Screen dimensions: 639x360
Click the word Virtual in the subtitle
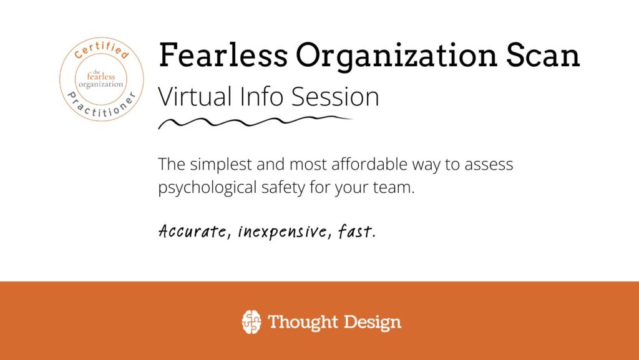[195, 97]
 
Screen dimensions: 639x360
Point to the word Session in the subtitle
[335, 97]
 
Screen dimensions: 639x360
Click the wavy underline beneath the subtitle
[255, 122]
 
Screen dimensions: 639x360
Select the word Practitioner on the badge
[102, 107]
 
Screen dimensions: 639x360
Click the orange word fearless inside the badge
[101, 77]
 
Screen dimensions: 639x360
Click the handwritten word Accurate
[192, 231]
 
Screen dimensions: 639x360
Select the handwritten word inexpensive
[282, 231]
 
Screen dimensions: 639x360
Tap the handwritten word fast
[354, 231]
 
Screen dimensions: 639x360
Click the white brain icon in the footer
[251, 322]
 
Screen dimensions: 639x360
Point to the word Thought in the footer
[303, 323]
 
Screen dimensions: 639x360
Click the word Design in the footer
[373, 323]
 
